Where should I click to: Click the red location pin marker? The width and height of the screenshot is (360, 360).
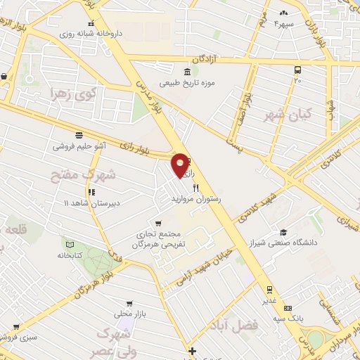click(181, 164)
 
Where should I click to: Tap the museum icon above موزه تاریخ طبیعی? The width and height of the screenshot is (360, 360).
click(186, 72)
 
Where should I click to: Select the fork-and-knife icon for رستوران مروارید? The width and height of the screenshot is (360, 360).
click(195, 188)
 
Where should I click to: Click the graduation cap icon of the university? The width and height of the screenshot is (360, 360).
click(283, 232)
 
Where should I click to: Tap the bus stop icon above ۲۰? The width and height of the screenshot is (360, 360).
click(298, 70)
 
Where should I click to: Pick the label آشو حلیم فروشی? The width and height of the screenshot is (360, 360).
click(79, 146)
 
